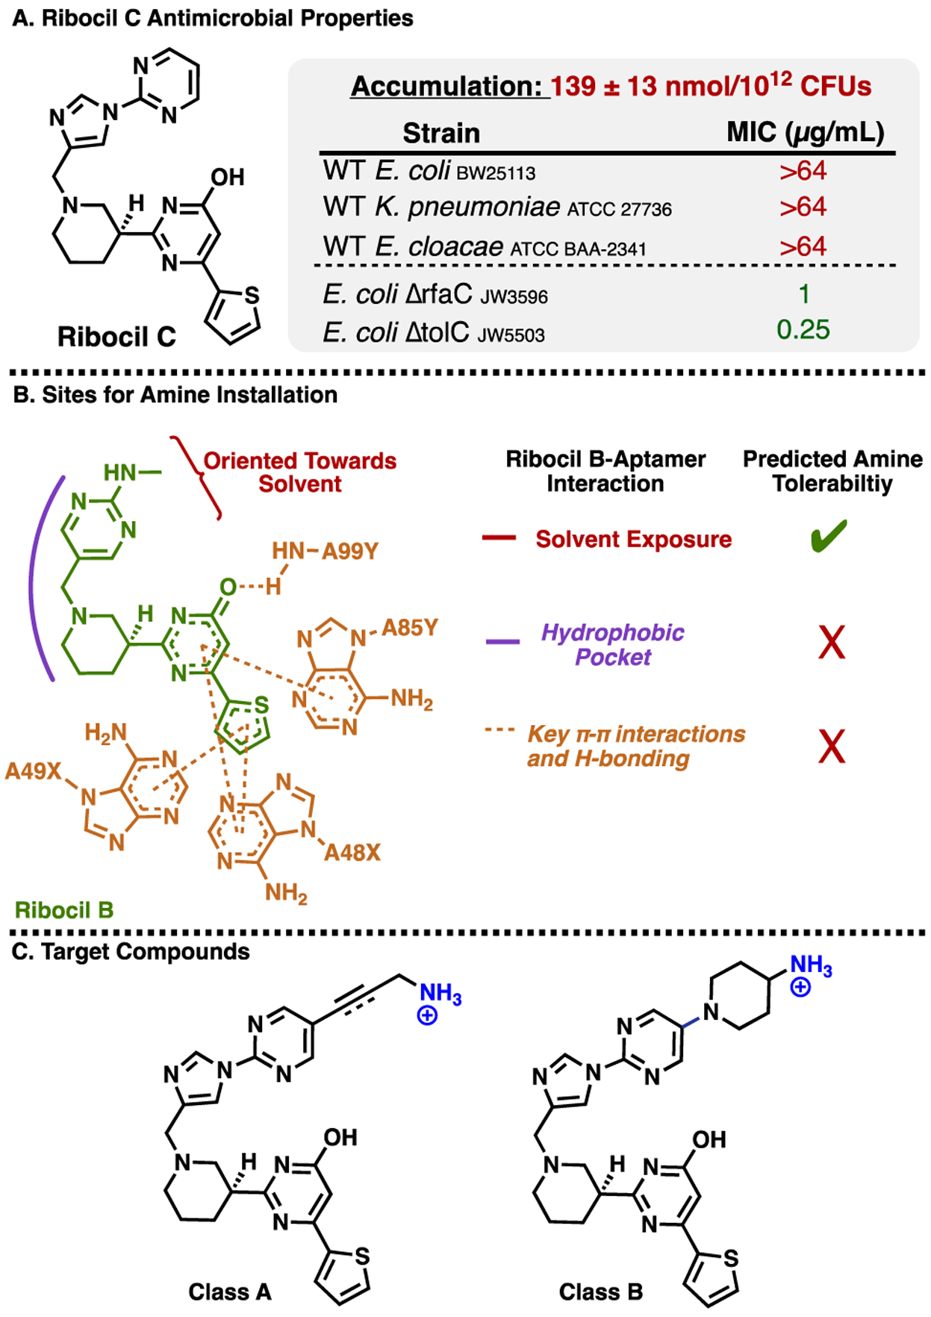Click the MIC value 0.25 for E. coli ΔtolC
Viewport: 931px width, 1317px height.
803,329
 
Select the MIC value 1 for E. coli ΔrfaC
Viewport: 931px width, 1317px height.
804,293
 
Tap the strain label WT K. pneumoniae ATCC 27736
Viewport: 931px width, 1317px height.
497,207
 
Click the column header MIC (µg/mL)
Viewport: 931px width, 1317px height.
805,132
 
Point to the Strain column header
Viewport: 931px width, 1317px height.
441,133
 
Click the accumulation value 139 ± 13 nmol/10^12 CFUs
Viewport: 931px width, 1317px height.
711,86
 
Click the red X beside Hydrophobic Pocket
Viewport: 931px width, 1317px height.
832,642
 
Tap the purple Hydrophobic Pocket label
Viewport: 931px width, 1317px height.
612,644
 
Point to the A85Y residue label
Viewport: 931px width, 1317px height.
409,628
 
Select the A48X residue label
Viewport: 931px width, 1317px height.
352,852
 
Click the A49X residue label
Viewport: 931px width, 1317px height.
33,770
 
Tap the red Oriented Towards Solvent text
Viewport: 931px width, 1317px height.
299,472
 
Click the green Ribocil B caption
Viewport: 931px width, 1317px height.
64,910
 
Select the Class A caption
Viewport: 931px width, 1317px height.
229,1292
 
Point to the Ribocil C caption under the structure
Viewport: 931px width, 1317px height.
116,337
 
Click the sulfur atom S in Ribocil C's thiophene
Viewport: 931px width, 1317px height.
252,296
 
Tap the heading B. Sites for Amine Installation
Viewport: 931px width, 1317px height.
175,394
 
